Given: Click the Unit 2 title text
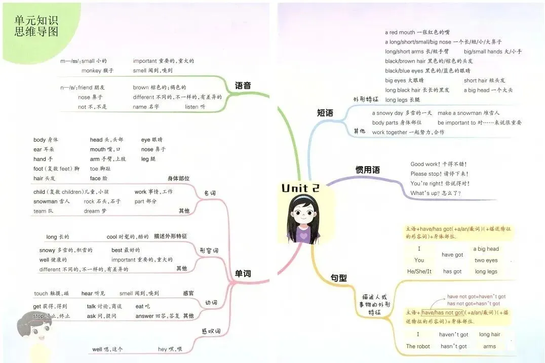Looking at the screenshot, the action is pyautogui.click(x=300, y=188).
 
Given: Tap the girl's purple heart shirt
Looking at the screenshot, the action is pyautogui.click(x=303, y=234).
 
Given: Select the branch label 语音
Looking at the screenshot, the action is pyautogui.click(x=243, y=86).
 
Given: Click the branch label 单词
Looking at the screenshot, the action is pyautogui.click(x=243, y=274).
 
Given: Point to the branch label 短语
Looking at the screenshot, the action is pyautogui.click(x=325, y=113).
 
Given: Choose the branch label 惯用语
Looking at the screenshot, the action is pyautogui.click(x=368, y=170).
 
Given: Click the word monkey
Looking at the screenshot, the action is pyautogui.click(x=91, y=71).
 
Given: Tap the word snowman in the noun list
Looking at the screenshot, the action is pyautogui.click(x=45, y=201).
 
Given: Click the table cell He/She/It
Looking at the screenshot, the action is pyautogui.click(x=419, y=271).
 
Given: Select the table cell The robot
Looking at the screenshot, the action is pyautogui.click(x=418, y=346).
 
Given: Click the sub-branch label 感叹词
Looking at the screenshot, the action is pyautogui.click(x=211, y=332).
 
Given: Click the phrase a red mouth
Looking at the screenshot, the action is pyautogui.click(x=400, y=32).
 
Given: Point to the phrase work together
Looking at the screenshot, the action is pyautogui.click(x=390, y=132).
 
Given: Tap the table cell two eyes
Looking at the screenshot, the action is pyautogui.click(x=486, y=260).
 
